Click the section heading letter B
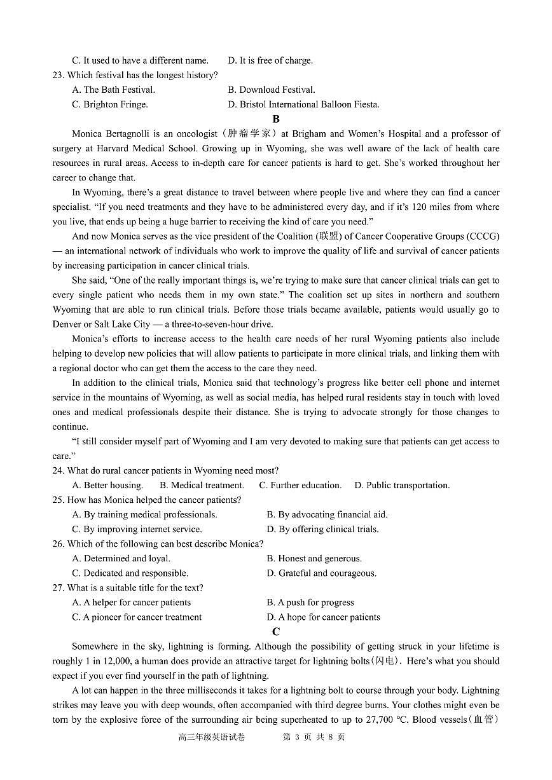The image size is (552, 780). pyautogui.click(x=275, y=119)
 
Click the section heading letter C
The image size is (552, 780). pyautogui.click(x=275, y=632)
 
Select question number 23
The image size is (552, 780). pyautogui.click(x=59, y=75)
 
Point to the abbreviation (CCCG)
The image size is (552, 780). pyautogui.click(x=483, y=236)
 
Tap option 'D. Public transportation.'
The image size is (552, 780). pyautogui.click(x=402, y=485)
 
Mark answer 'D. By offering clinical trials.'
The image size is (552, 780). pyautogui.click(x=322, y=529)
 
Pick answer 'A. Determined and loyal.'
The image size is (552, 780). pyautogui.click(x=121, y=558)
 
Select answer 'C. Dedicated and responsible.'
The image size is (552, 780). pyautogui.click(x=130, y=573)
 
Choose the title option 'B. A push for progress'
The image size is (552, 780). pyautogui.click(x=310, y=602)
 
